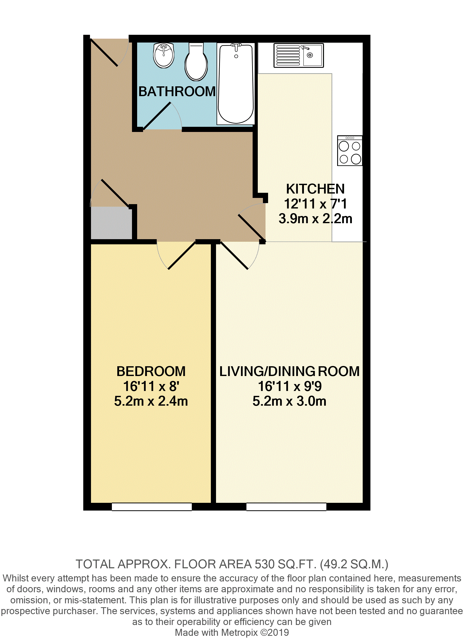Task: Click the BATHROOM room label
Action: pyautogui.click(x=177, y=91)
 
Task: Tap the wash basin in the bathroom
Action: pyautogui.click(x=163, y=55)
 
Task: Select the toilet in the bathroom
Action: pyautogui.click(x=196, y=62)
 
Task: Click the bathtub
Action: pyautogui.click(x=236, y=84)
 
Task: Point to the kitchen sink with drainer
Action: pyautogui.click(x=299, y=55)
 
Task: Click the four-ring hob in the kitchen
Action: pyautogui.click(x=350, y=151)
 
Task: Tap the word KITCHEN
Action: pyautogui.click(x=315, y=189)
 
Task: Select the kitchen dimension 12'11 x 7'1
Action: pyautogui.click(x=315, y=204)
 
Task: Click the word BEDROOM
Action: pyautogui.click(x=151, y=371)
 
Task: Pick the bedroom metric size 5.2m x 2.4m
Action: pyautogui.click(x=151, y=401)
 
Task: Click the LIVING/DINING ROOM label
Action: pyautogui.click(x=289, y=371)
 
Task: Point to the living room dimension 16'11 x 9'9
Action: pyautogui.click(x=289, y=386)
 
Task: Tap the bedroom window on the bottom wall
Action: pyautogui.click(x=152, y=507)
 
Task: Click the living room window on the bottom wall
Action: pyautogui.click(x=286, y=507)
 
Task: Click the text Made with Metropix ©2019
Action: pyautogui.click(x=232, y=632)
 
